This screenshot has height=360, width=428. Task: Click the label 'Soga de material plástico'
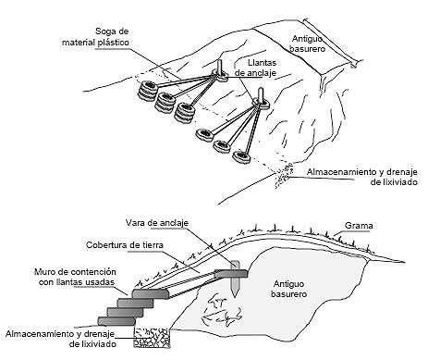click(95, 37)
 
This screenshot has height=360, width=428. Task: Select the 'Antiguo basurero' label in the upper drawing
click(307, 43)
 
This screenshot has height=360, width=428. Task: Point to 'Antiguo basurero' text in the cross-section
click(288, 289)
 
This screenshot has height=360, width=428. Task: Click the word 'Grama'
click(359, 226)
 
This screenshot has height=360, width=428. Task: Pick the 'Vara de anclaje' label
click(157, 223)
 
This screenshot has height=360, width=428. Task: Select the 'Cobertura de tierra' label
click(125, 245)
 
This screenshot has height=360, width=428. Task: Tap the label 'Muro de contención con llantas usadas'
click(76, 277)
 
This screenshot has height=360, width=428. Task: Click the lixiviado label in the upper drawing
click(362, 177)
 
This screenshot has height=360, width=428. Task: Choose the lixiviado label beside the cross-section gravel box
click(61, 339)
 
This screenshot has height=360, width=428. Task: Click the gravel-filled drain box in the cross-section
click(152, 338)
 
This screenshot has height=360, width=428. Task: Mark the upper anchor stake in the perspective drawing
click(220, 68)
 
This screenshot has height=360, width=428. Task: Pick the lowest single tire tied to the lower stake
click(242, 156)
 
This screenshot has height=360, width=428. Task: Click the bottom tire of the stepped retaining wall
click(116, 321)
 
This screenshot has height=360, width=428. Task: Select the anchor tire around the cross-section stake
click(231, 274)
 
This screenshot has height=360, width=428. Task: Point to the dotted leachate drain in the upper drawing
click(284, 176)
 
